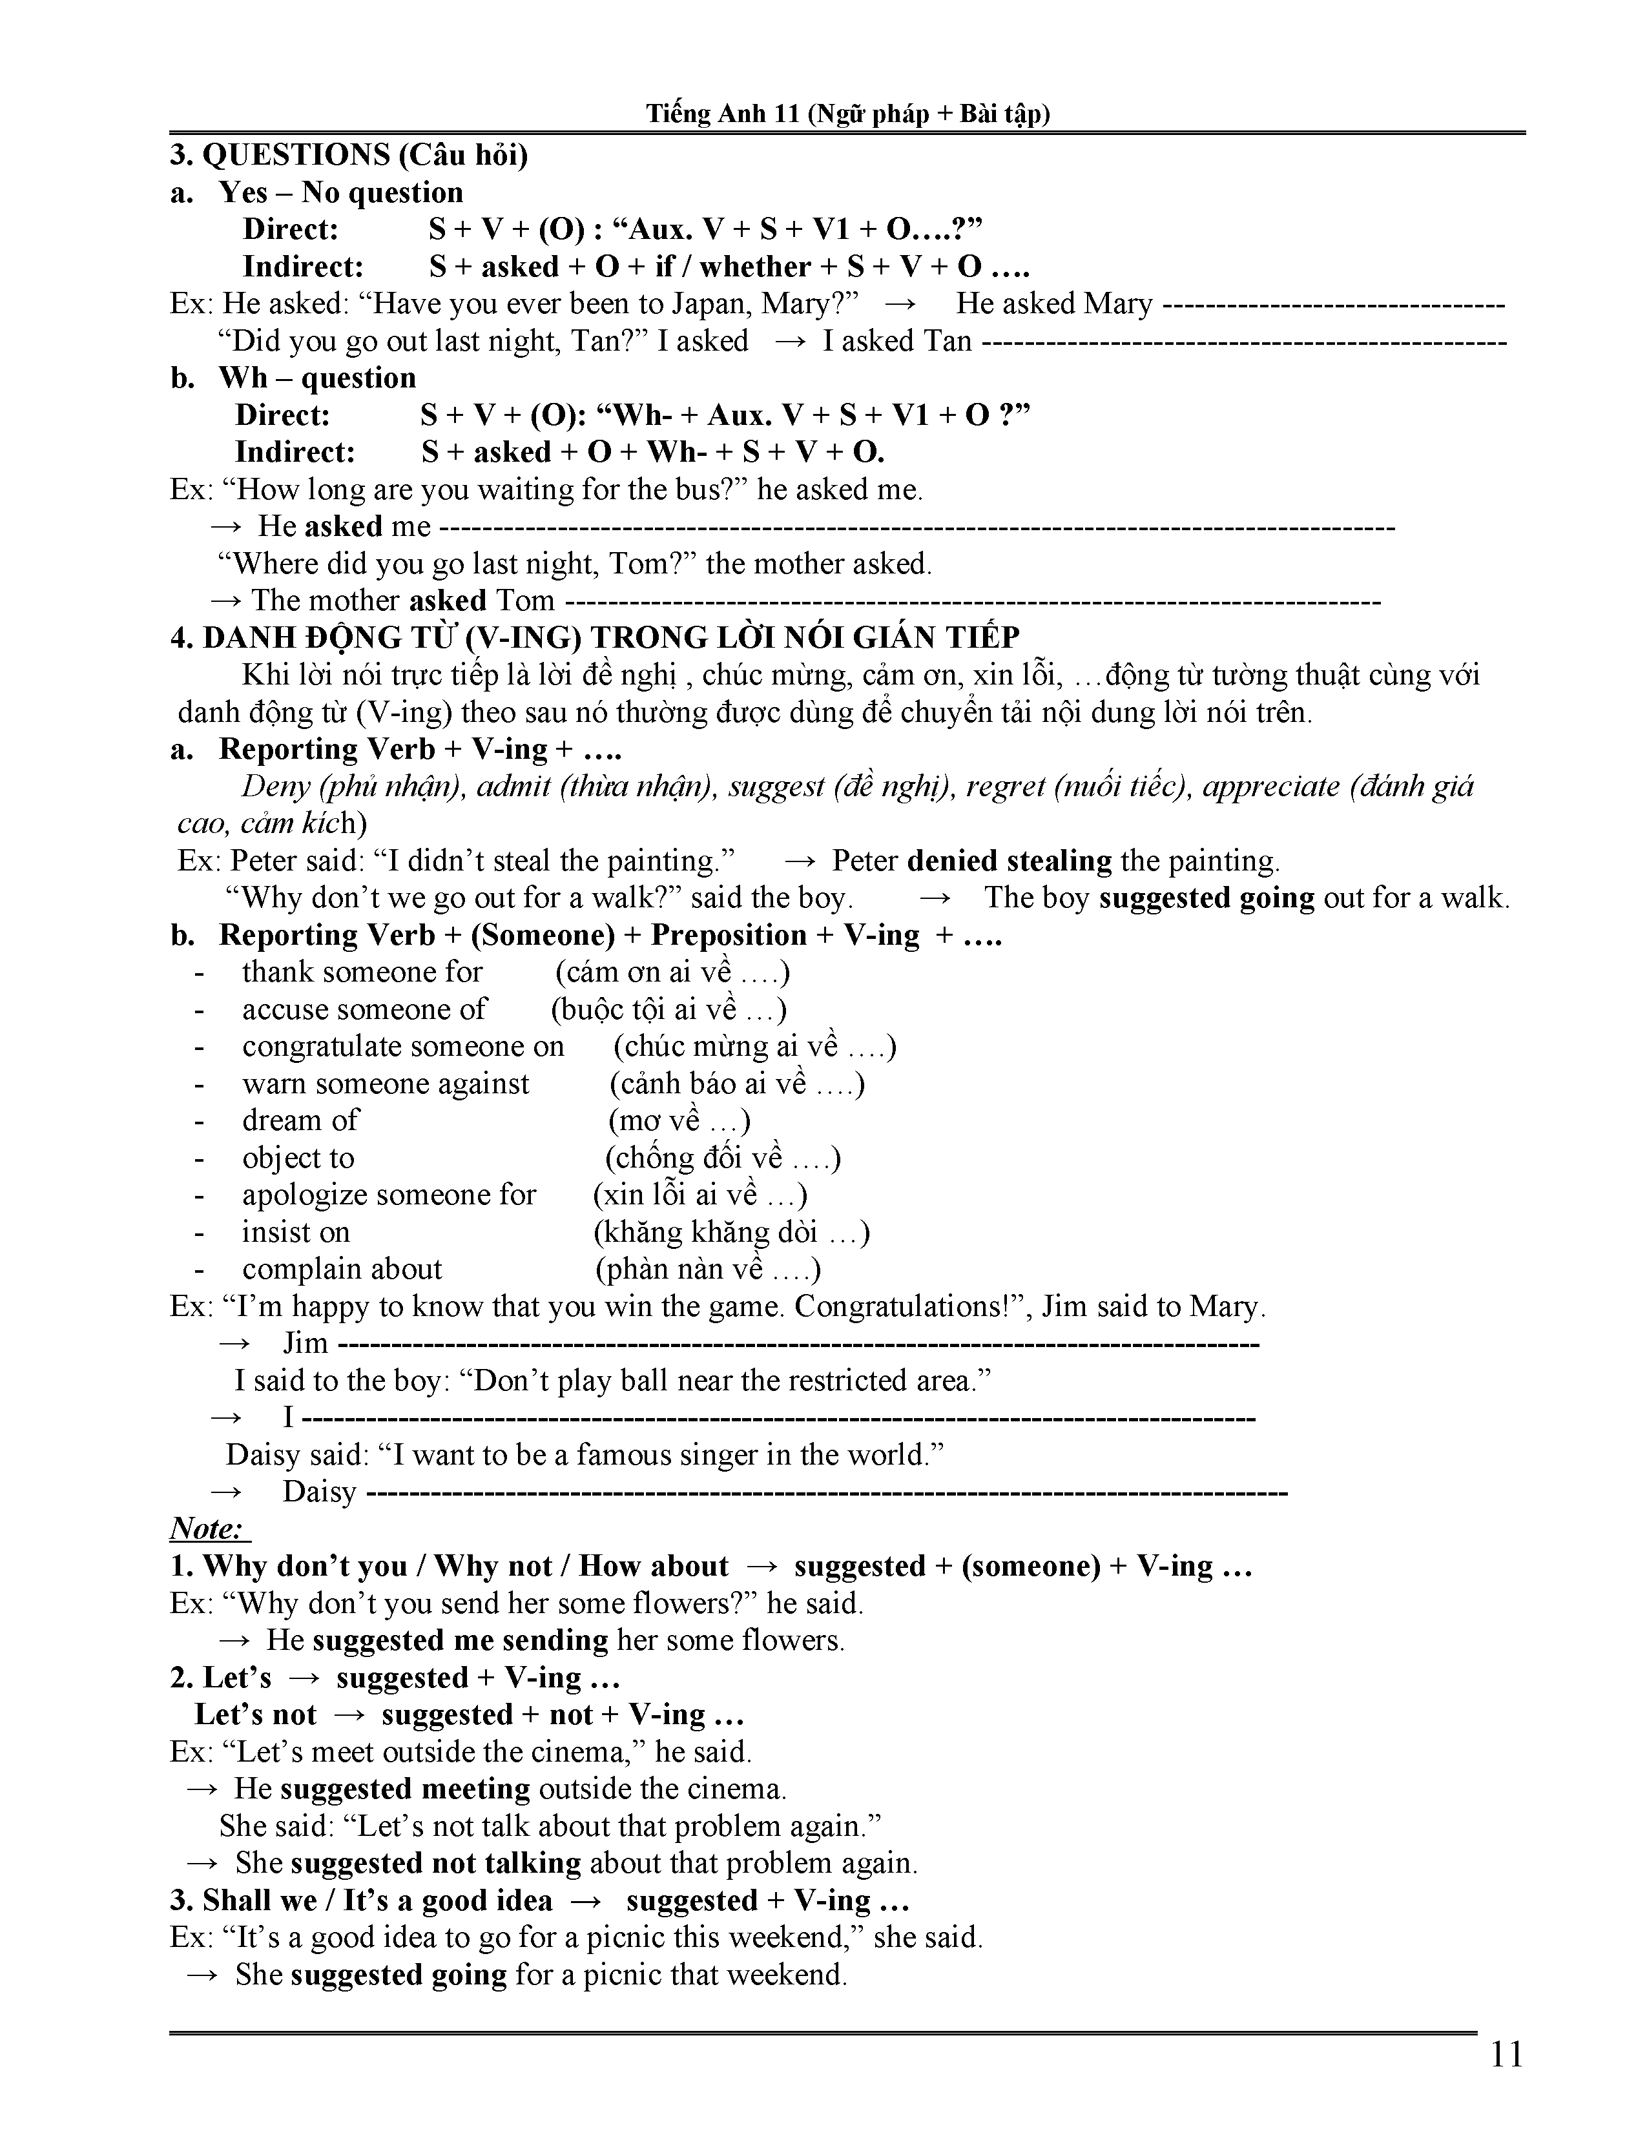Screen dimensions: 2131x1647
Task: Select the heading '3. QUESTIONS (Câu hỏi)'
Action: (348, 155)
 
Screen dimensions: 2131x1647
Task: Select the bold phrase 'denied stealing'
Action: (1009, 861)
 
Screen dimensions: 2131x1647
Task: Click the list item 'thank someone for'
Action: (362, 973)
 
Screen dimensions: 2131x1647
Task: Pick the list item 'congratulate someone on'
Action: (403, 1047)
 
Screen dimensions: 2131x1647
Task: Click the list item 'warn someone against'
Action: (386, 1084)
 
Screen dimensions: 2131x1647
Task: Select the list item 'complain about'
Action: (342, 1270)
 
